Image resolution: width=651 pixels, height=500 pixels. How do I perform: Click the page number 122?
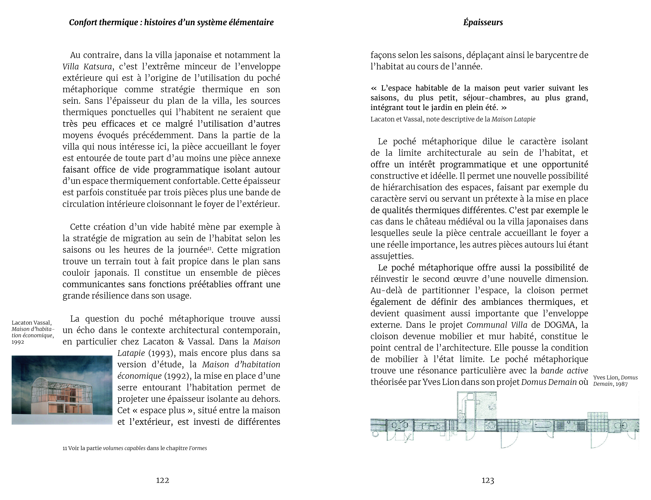click(162, 480)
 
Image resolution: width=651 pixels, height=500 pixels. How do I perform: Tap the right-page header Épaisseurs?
click(483, 22)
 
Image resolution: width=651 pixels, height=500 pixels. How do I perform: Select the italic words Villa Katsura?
click(87, 67)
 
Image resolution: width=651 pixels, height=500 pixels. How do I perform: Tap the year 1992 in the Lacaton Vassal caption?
click(18, 342)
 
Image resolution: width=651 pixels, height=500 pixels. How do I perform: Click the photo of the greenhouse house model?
click(62, 390)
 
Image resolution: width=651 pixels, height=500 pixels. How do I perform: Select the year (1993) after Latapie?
click(159, 353)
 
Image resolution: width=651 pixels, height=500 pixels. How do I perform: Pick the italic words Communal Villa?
click(497, 325)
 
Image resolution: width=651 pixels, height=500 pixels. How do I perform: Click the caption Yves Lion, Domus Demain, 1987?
click(615, 381)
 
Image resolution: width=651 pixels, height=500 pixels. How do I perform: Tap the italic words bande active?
click(564, 371)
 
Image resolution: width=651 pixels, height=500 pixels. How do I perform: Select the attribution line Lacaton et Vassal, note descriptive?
click(453, 119)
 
